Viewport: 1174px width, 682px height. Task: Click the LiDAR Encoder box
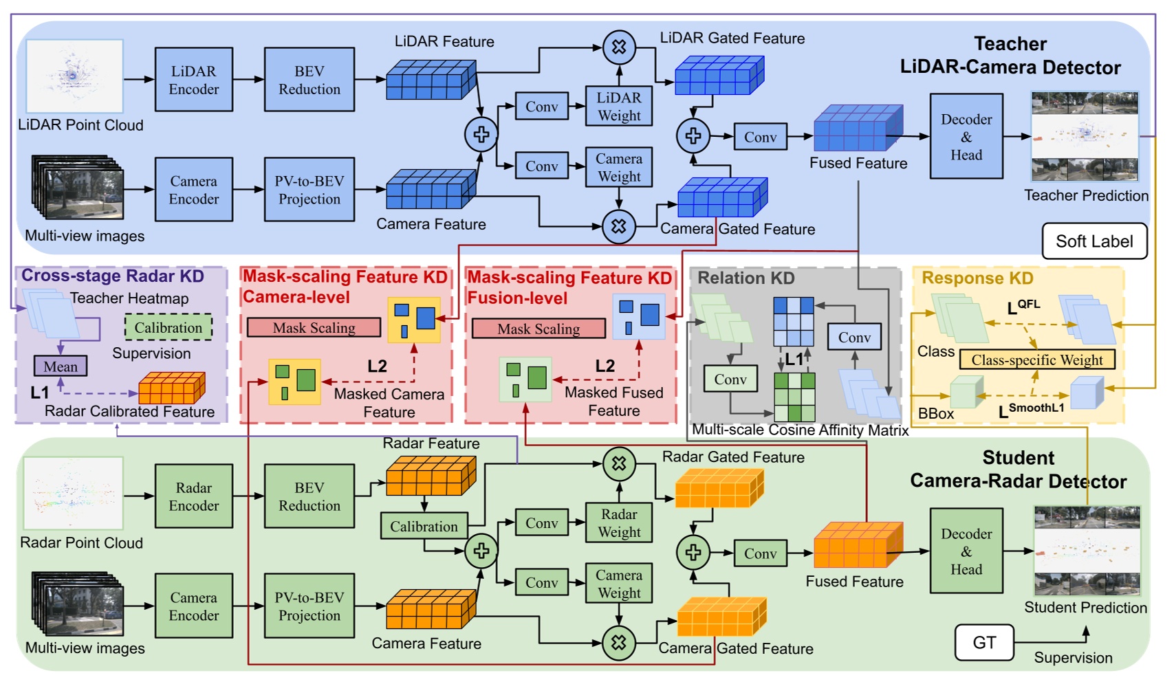coord(193,80)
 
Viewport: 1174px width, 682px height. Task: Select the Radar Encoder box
coord(193,496)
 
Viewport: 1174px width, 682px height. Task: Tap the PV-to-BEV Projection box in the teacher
coord(309,190)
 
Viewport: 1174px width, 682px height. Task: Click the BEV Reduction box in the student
coord(309,496)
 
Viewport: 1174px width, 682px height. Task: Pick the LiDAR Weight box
coord(618,107)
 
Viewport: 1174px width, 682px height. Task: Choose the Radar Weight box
coord(618,523)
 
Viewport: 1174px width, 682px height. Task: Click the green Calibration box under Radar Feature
coord(424,527)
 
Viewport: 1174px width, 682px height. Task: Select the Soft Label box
coord(1094,241)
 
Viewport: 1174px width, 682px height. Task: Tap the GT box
coord(984,643)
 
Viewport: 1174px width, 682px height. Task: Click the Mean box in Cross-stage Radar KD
coord(61,366)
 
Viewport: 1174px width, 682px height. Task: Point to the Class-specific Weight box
coord(1036,360)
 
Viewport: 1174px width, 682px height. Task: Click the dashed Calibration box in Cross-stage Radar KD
coord(168,328)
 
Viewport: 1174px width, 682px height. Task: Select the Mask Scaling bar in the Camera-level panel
coord(314,328)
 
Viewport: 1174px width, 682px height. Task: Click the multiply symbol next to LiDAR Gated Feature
coord(618,47)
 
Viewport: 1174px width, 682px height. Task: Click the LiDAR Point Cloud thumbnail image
coord(74,76)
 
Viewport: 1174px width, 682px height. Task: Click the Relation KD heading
coord(746,278)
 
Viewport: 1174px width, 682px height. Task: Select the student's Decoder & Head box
coord(966,551)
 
